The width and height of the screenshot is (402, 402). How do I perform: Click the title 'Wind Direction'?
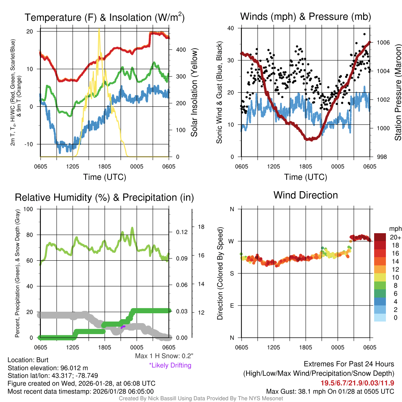pos(305,195)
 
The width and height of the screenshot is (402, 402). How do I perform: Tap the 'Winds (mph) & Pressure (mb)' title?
pos(305,16)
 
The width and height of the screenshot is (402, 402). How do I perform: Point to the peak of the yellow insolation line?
pos(99,29)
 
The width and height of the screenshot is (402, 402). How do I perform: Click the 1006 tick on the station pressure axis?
pos(383,42)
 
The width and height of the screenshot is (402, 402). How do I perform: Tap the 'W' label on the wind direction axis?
pos(232,241)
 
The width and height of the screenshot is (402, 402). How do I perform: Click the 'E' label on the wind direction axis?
pos(232,305)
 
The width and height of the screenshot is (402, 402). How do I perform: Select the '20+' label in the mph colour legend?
pos(395,237)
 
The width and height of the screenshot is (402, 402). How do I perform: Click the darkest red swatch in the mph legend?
pos(380,237)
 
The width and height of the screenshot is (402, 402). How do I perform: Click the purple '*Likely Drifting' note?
pos(170,365)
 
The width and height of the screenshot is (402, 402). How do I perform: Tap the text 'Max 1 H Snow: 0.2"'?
pos(164,356)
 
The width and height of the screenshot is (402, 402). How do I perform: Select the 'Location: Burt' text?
pos(28,360)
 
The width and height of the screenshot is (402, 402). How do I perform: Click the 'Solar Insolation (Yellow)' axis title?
pos(194,92)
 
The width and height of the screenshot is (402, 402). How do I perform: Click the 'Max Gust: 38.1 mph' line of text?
pos(330,391)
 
